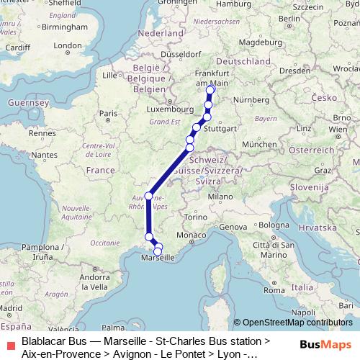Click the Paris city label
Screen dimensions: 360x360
point(108,113)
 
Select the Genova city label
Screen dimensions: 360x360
point(233,227)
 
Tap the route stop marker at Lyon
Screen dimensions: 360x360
point(149,196)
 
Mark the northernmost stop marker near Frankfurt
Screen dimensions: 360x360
point(211,90)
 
